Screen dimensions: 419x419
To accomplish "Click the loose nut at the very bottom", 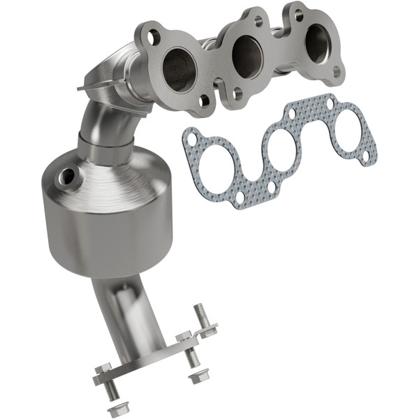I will pyautogui.click(x=113, y=411).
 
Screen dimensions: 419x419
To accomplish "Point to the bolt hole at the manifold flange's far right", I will pyautogui.click(x=337, y=71).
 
